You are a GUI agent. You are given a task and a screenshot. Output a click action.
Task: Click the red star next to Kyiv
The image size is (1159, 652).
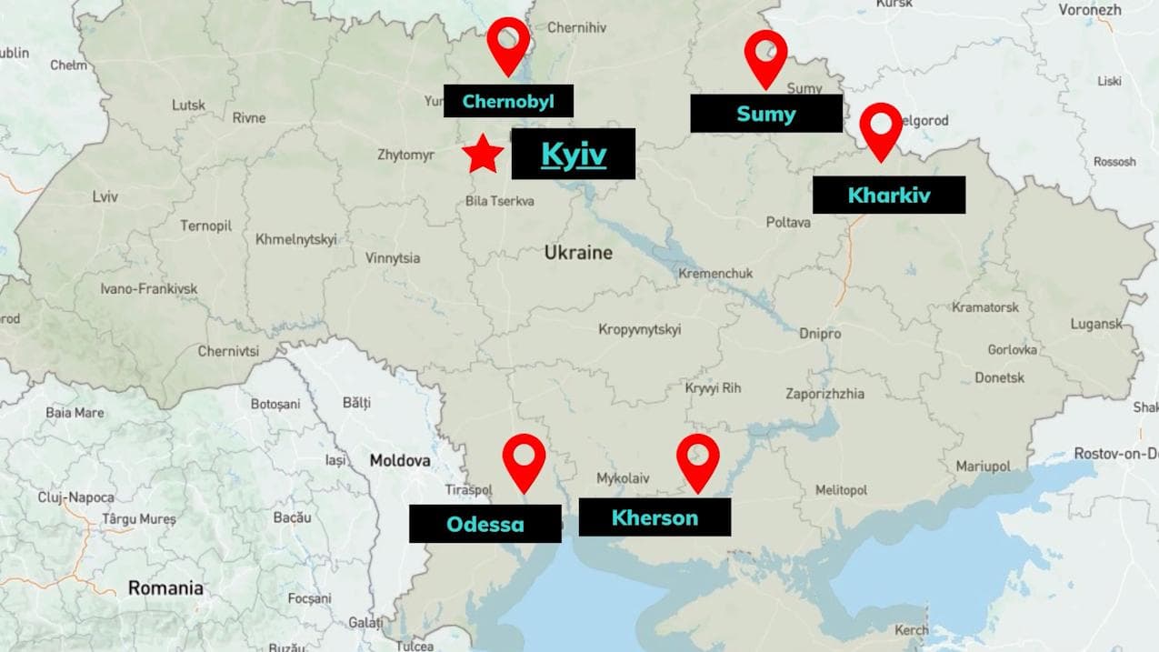point(483,155)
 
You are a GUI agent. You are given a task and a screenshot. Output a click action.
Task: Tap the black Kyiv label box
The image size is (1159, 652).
point(573,154)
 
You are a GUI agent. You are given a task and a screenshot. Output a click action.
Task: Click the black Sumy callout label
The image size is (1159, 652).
point(765,114)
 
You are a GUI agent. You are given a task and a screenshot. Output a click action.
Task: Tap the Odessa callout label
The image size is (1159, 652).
point(485,524)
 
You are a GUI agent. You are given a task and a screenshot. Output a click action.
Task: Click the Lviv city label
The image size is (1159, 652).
point(105,196)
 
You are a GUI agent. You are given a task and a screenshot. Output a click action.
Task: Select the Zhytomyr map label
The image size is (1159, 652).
point(405,155)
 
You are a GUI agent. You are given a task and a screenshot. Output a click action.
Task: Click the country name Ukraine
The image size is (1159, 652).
point(578,253)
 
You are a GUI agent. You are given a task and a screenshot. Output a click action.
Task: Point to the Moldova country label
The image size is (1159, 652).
point(400,461)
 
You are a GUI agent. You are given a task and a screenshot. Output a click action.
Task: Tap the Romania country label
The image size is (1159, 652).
point(165,588)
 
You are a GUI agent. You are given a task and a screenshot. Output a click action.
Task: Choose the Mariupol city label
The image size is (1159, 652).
point(983,466)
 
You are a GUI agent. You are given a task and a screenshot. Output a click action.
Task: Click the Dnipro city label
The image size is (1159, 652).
point(820,334)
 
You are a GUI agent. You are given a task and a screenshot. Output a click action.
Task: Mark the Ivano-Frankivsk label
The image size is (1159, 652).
point(148,289)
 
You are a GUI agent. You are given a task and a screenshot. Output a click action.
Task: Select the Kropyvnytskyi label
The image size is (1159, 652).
point(639,329)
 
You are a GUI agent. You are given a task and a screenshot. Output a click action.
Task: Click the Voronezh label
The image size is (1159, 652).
point(1089,10)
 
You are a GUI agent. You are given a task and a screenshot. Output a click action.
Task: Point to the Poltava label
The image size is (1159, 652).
point(787,222)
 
